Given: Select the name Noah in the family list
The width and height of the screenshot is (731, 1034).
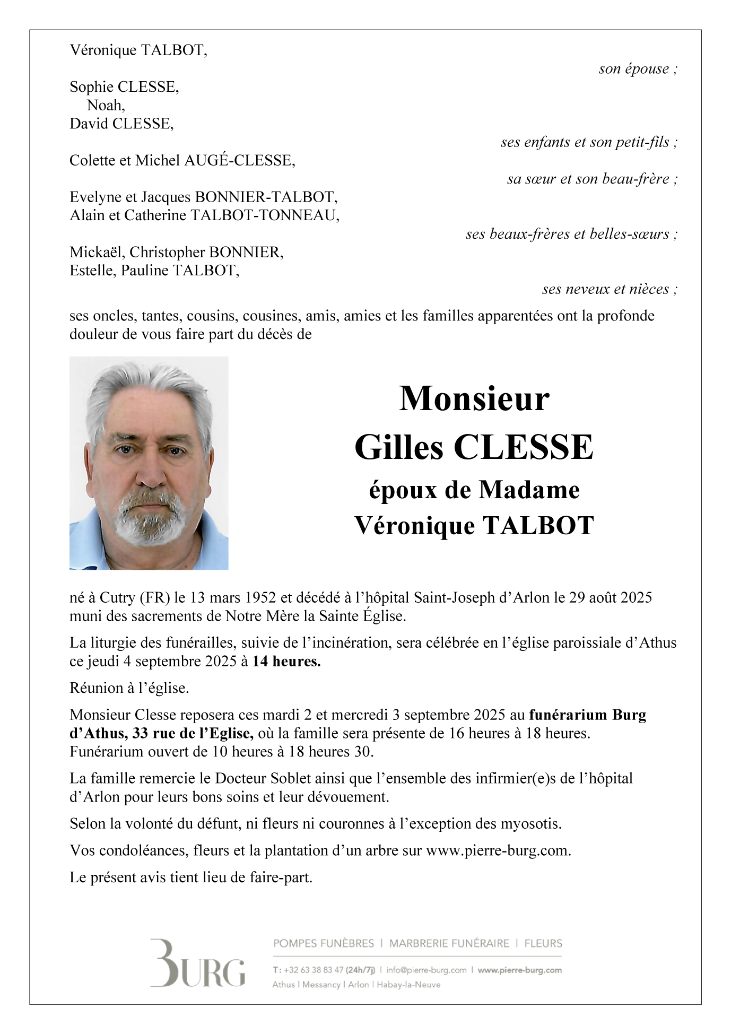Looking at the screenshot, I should coord(105,105).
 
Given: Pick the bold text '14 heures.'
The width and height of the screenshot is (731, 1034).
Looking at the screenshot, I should coord(286,661).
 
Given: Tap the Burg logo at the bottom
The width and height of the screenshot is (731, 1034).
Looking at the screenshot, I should coord(198,963).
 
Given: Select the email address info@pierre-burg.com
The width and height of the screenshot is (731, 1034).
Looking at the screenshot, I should coord(426,970).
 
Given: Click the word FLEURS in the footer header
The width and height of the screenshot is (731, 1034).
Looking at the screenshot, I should coord(543,943).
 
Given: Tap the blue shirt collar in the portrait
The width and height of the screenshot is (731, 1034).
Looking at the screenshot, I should coord(207,536).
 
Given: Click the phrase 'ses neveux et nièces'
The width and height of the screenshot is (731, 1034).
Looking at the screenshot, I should coord(605,289).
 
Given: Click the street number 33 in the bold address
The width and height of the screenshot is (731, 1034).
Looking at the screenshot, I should coord(140,733).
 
